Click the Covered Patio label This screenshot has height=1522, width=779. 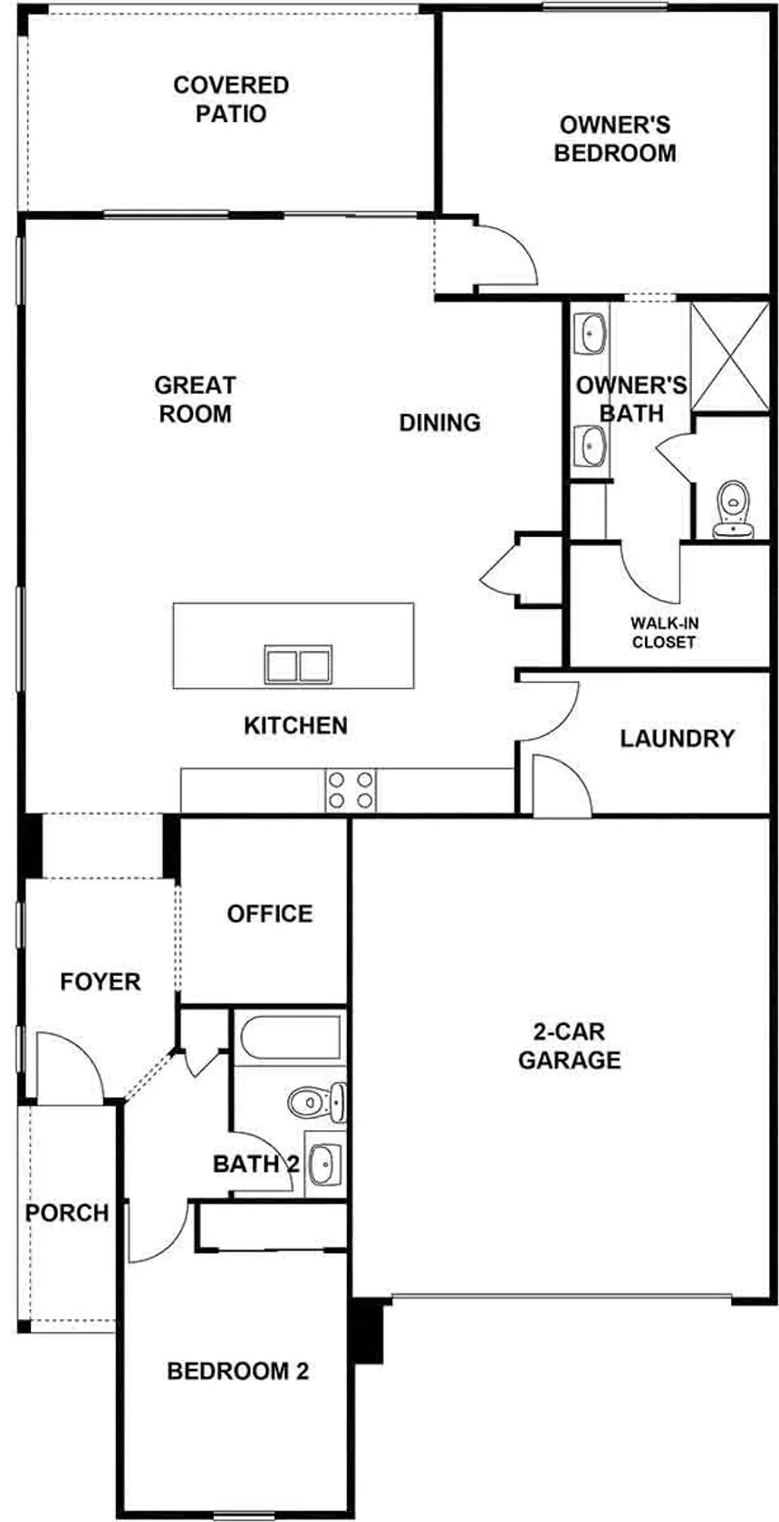(x=231, y=100)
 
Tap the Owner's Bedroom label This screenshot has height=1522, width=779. (x=615, y=139)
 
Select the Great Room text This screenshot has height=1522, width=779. (x=195, y=399)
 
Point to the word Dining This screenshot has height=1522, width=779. (x=440, y=423)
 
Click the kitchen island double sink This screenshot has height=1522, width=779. (x=298, y=665)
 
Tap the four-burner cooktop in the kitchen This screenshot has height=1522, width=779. (x=351, y=790)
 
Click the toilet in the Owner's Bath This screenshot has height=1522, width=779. (x=733, y=510)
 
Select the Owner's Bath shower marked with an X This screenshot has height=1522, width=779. (x=729, y=356)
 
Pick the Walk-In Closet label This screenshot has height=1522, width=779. (x=664, y=633)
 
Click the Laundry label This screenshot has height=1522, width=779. (x=677, y=739)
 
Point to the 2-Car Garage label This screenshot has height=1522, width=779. (x=569, y=1046)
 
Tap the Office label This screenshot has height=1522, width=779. (x=270, y=914)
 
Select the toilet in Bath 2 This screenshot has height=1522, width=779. (x=317, y=1102)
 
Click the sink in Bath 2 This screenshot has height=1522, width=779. (x=325, y=1164)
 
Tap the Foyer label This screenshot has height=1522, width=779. (x=101, y=981)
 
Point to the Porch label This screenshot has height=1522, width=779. (x=67, y=1213)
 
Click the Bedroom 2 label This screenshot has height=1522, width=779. (x=238, y=1371)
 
